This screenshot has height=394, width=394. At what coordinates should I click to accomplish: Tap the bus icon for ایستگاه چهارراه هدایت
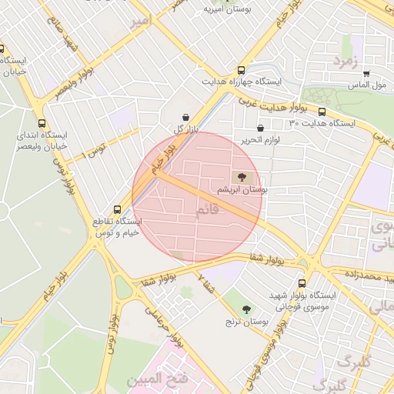pos(242,68)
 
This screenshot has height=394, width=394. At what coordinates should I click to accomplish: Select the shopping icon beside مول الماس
pos(366,74)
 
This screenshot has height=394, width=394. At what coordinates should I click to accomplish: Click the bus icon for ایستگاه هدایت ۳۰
pos(321,112)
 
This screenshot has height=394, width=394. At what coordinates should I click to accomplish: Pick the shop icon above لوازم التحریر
pos(260,129)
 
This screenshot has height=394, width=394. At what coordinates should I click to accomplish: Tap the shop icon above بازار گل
pos(185,118)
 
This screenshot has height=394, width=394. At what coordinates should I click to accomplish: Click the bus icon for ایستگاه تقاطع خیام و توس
pos(117,209)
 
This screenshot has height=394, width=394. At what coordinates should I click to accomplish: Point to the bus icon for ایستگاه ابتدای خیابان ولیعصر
pos(42,122)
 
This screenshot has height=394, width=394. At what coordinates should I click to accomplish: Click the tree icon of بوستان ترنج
pos(246,309)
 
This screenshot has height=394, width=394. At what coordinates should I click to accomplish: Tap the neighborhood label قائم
pos(208,209)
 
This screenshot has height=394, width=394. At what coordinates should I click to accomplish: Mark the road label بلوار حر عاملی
pos(166,328)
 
